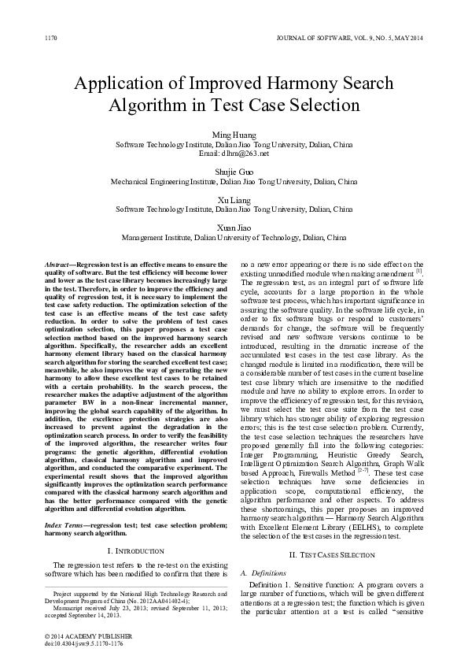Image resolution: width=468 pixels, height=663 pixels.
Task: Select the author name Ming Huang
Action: pos(234,135)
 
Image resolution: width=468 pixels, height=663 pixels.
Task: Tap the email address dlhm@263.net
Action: pos(234,154)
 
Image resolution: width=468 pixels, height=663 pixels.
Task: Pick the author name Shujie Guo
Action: pos(234,172)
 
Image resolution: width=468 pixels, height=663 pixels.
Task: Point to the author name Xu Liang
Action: pos(234,200)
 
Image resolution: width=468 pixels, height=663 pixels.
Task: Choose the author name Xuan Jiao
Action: pos(234,227)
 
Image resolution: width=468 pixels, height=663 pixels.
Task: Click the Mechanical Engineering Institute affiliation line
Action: pos(234,182)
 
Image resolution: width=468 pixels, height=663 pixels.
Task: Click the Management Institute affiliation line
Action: pos(234,236)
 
